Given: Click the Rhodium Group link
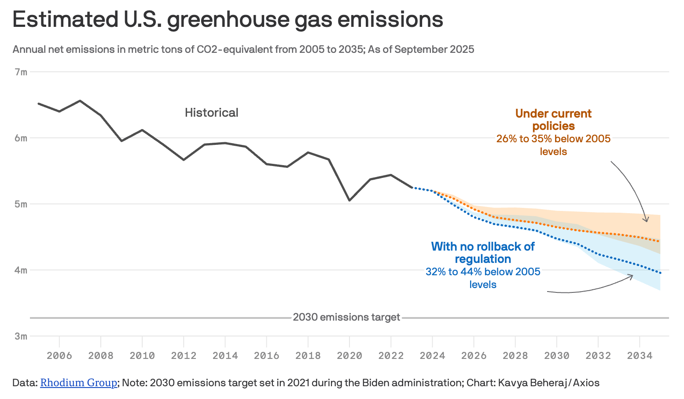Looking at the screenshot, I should [x=78, y=383].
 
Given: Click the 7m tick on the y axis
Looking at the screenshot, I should [x=21, y=72].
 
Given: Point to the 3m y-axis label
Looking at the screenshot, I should [x=21, y=336].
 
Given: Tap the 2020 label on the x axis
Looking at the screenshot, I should [x=349, y=355].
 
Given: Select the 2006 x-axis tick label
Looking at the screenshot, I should [x=59, y=355].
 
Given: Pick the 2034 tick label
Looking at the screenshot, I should [x=639, y=355].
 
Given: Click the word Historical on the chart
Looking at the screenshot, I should [x=211, y=113].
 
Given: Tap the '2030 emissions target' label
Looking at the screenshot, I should [x=346, y=317].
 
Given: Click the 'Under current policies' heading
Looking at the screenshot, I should [x=553, y=120].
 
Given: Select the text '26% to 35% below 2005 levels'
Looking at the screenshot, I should [x=553, y=145].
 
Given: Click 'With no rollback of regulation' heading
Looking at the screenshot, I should [x=483, y=252].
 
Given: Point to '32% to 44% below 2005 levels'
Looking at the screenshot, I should [x=483, y=278].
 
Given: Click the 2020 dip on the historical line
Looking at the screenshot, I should [x=349, y=200].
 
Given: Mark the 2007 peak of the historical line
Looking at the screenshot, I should [x=80, y=101].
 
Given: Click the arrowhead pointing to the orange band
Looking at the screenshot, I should [x=646, y=220].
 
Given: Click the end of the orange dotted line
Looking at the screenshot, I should [x=659, y=241].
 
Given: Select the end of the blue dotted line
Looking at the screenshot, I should [x=660, y=273].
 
